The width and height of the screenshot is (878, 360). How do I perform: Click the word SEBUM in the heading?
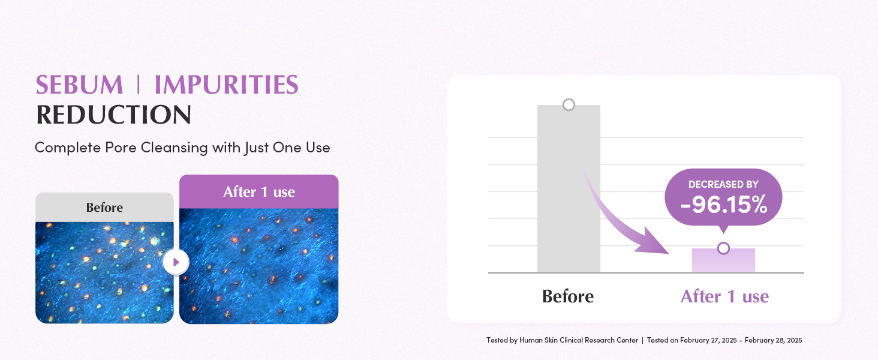pyautogui.click(x=79, y=85)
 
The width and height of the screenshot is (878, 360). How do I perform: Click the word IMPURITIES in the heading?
pyautogui.click(x=227, y=85)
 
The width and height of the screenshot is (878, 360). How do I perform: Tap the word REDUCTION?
pyautogui.click(x=114, y=115)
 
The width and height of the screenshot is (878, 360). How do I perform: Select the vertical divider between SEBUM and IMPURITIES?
pyautogui.click(x=139, y=85)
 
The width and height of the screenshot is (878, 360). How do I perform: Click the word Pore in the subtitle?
pyautogui.click(x=121, y=148)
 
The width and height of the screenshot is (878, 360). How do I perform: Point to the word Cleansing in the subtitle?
pyautogui.click(x=174, y=148)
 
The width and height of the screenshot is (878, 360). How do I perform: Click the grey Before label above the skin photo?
pyautogui.click(x=104, y=207)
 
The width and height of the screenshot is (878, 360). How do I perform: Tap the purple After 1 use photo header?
pyautogui.click(x=258, y=191)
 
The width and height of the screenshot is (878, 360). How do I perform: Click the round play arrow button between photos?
pyautogui.click(x=176, y=262)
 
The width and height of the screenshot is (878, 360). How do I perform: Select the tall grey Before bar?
pyautogui.click(x=569, y=188)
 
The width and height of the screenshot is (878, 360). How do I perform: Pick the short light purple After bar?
pyautogui.click(x=723, y=260)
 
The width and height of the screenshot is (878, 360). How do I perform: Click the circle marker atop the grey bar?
pyautogui.click(x=569, y=105)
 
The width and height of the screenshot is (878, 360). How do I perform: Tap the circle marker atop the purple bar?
pyautogui.click(x=723, y=248)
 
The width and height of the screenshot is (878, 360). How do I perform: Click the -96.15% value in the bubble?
pyautogui.click(x=723, y=205)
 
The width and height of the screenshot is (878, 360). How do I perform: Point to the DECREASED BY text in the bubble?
pyautogui.click(x=723, y=184)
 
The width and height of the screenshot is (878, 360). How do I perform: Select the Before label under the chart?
pyautogui.click(x=567, y=296)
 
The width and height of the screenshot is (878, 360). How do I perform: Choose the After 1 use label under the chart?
pyautogui.click(x=724, y=296)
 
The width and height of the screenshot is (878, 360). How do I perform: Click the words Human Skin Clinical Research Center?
pyautogui.click(x=579, y=340)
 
